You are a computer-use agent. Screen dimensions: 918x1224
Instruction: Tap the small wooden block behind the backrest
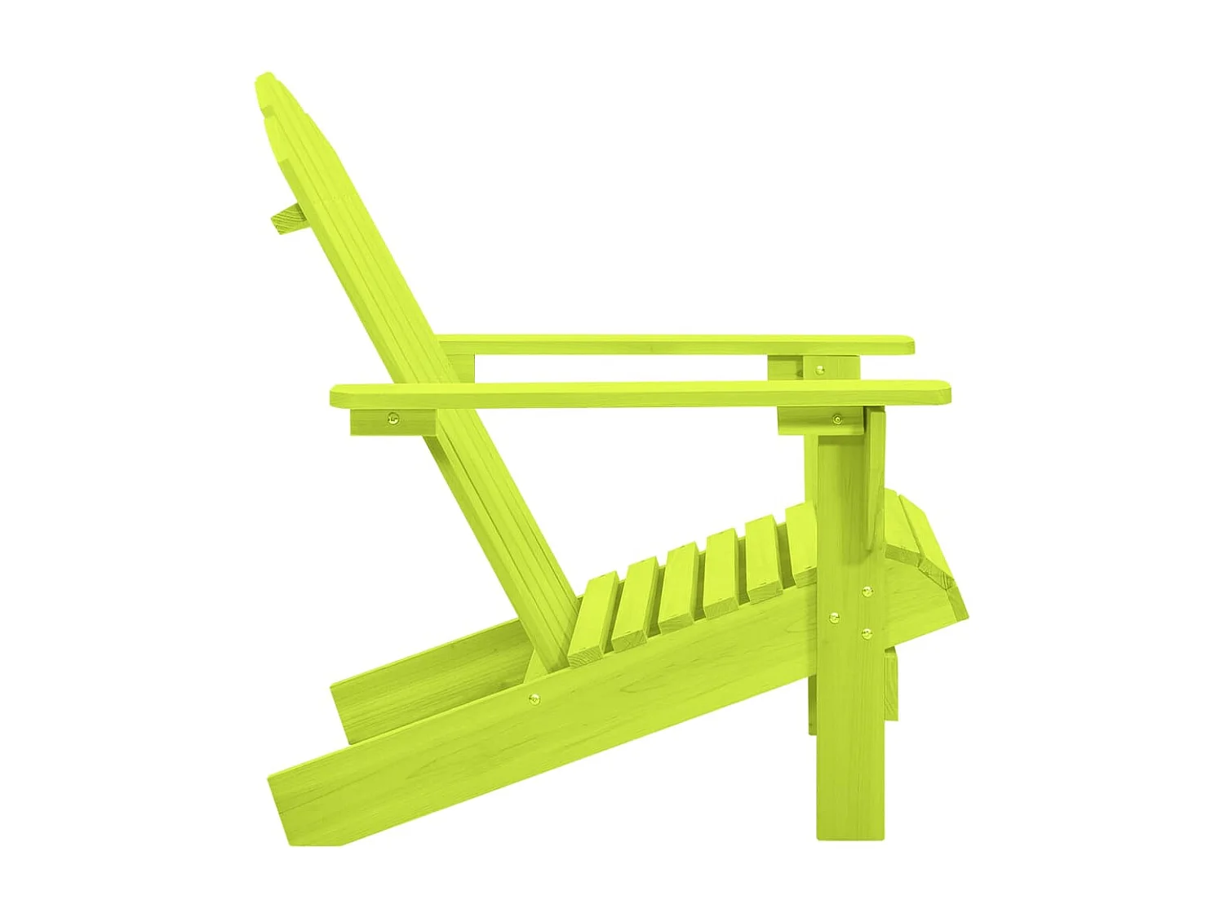pos(287,218)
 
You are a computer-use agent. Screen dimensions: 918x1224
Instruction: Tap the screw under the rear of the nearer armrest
pos(392,420)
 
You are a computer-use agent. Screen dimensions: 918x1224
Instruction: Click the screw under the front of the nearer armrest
pos(836,419)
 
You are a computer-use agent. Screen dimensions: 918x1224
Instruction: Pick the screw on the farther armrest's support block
pos(820,370)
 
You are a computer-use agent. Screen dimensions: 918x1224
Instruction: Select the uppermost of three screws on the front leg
pos(867,590)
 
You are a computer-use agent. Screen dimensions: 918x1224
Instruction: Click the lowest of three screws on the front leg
pos(867,632)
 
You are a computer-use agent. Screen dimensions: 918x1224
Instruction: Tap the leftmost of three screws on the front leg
pos(833,618)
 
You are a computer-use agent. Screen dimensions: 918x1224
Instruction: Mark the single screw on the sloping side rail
pos(534,698)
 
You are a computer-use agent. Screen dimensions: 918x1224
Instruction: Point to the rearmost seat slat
pos(592,617)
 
